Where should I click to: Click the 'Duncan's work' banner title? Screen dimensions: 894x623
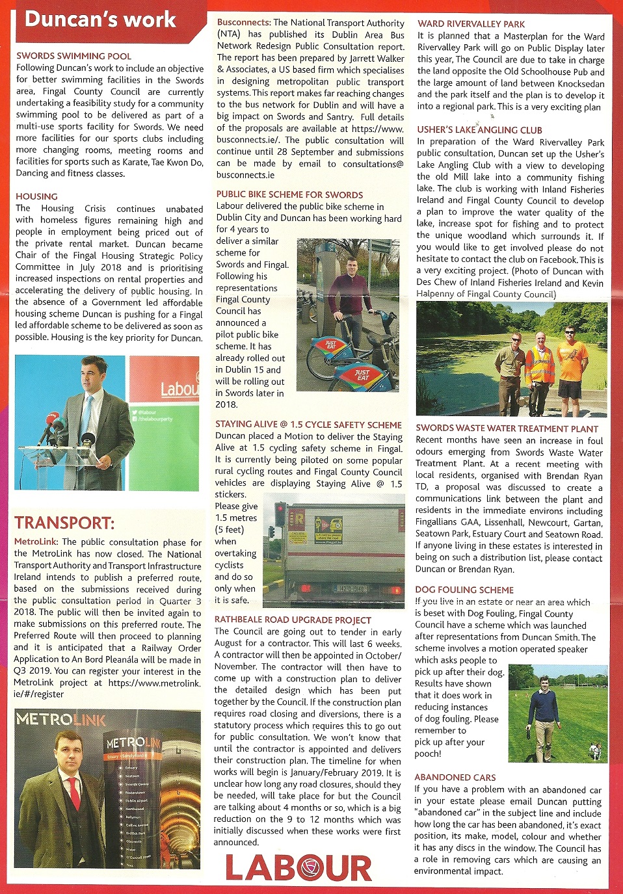coord(100,19)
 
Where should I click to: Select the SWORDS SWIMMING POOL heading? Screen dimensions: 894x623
coord(73,56)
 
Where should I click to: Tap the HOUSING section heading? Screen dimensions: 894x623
coord(36,196)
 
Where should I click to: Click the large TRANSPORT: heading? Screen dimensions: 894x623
coord(64,523)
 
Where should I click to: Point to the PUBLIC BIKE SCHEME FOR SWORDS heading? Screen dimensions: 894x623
coord(289,194)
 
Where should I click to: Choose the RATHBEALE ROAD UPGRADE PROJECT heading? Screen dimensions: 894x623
coord(293,620)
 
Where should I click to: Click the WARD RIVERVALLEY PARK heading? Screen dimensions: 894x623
coord(471,24)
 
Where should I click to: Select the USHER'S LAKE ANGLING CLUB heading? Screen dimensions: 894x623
coord(479,130)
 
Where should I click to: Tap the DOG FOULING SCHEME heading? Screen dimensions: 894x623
coord(464,590)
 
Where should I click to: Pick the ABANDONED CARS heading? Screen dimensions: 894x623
coord(455,778)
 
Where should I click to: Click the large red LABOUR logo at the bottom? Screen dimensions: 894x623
coord(298,869)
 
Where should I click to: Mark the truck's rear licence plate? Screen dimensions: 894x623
coord(350,590)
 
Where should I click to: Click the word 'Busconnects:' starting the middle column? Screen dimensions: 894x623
coord(244,22)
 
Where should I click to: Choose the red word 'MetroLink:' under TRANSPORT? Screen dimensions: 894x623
coord(36,542)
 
